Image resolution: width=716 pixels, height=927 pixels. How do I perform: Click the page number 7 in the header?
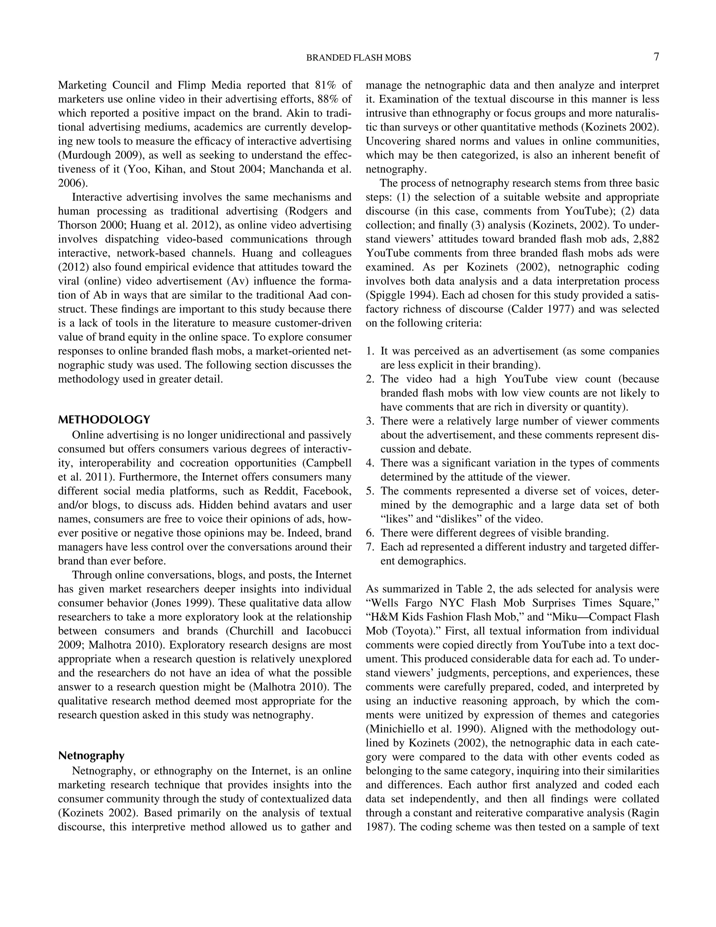(656, 57)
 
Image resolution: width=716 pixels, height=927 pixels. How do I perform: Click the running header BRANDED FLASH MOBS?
(358, 58)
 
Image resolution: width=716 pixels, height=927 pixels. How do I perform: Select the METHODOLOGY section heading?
(104, 420)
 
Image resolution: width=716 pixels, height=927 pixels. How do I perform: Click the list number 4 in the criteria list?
(370, 463)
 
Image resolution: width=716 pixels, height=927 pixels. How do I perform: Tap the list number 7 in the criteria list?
(370, 547)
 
